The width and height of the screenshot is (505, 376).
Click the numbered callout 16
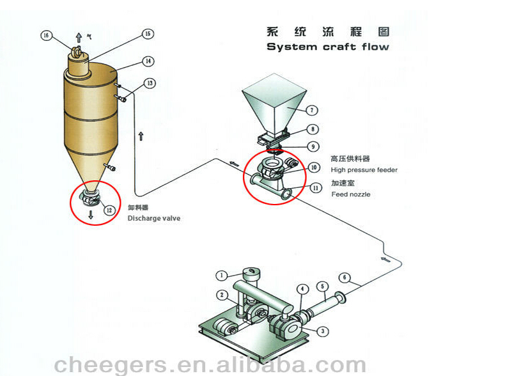pyautogui.click(x=45, y=36)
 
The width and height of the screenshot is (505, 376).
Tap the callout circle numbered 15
pyautogui.click(x=148, y=33)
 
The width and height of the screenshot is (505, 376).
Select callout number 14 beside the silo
pyautogui.click(x=148, y=61)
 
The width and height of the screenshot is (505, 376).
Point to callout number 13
pyautogui.click(x=149, y=83)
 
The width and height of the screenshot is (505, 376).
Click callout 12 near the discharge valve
pyautogui.click(x=109, y=209)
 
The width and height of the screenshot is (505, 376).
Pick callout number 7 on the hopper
pyautogui.click(x=312, y=110)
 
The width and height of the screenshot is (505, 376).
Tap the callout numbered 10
pyautogui.click(x=314, y=168)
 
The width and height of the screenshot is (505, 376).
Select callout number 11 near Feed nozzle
pyautogui.click(x=315, y=188)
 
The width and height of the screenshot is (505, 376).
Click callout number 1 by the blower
pyautogui.click(x=221, y=276)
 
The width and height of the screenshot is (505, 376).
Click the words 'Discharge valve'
pyautogui.click(x=153, y=219)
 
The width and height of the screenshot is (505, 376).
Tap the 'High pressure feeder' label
pyautogui.click(x=364, y=170)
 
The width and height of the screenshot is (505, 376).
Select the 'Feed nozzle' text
pyautogui.click(x=350, y=194)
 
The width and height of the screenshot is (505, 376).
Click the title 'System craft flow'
pyautogui.click(x=327, y=47)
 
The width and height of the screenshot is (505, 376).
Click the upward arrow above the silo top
pyautogui.click(x=79, y=38)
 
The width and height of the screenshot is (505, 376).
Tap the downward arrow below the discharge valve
pyautogui.click(x=91, y=215)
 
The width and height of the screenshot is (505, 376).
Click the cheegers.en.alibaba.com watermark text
pyautogui.click(x=211, y=364)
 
